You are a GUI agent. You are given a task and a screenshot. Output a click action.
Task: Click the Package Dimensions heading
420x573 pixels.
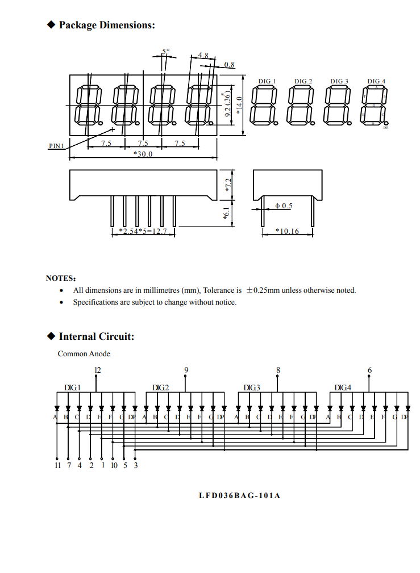coord(106,25)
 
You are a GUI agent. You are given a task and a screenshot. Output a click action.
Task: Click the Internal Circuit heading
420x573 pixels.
coord(96,336)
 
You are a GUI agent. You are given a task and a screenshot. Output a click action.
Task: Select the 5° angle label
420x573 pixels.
coord(165,52)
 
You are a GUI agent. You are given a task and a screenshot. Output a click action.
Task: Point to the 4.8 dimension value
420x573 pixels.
coord(203,56)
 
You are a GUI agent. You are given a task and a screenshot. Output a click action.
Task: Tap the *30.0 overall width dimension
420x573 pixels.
coord(143,154)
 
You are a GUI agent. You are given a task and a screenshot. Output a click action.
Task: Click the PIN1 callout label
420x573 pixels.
coord(56,146)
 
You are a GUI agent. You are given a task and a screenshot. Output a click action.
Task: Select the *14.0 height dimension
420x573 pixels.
coord(239,106)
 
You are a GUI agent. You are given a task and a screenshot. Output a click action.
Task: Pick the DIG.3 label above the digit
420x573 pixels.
coord(339,81)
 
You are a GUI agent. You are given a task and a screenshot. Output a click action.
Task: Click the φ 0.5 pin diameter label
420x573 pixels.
coord(284,205)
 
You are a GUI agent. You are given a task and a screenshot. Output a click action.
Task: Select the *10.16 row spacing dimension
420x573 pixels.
coord(287,231)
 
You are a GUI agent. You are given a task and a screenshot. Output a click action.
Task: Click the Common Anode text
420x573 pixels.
coord(84,353)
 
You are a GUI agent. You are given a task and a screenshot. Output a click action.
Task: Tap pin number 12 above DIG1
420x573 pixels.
coord(97,370)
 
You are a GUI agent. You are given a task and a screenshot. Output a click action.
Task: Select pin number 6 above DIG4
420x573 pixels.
coord(370,370)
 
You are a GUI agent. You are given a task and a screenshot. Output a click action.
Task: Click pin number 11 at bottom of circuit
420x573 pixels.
coord(57,465)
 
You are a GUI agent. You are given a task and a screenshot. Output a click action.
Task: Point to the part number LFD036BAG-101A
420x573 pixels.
coord(239,496)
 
